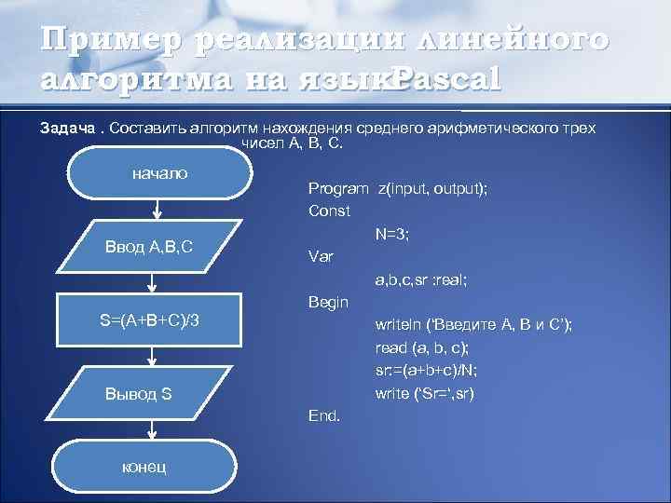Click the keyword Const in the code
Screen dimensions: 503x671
[x=329, y=211]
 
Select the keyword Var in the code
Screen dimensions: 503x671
[x=320, y=255]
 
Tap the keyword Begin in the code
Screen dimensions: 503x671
[x=328, y=302]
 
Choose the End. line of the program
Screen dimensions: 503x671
[x=324, y=415]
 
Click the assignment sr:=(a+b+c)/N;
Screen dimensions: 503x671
[x=427, y=370]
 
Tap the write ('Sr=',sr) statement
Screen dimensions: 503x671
[x=425, y=392]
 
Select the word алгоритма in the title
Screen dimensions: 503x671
[x=130, y=79]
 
